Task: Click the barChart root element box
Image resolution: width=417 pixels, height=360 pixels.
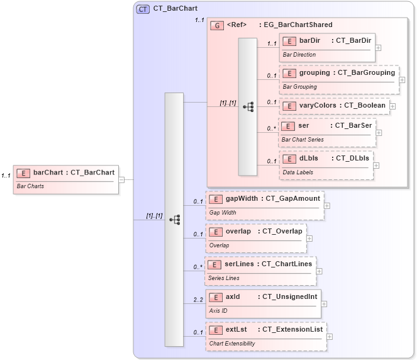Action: [66, 179]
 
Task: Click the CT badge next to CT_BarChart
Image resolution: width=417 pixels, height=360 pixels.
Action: [143, 9]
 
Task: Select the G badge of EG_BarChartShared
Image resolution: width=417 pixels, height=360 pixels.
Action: [217, 25]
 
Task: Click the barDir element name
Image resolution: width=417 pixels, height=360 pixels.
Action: [309, 41]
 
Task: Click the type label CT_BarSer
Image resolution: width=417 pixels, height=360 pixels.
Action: [353, 126]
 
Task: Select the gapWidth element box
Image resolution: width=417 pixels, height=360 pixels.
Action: [264, 205]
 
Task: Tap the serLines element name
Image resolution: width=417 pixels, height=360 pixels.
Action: [239, 264]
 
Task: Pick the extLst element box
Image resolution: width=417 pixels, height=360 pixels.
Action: [265, 336]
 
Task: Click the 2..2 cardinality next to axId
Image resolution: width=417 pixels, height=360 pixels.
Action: [198, 300]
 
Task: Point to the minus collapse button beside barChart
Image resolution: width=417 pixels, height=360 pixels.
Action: [121, 179]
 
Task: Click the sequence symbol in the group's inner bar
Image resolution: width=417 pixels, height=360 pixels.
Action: [248, 106]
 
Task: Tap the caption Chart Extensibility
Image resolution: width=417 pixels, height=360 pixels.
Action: [231, 344]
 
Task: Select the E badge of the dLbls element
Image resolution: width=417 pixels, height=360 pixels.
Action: [288, 159]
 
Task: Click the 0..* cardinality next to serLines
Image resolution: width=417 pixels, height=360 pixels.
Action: [198, 267]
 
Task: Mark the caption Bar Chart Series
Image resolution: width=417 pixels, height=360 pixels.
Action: [302, 139]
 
